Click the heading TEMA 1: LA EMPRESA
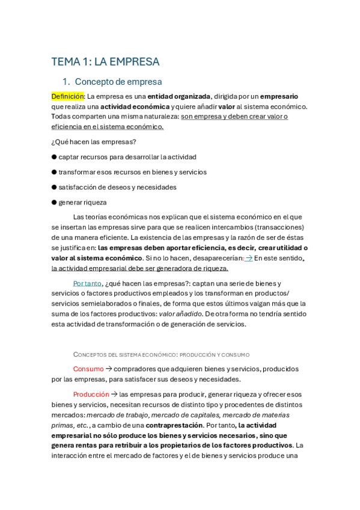tap(105, 62)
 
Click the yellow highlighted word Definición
tap(67, 96)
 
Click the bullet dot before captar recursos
tap(54, 157)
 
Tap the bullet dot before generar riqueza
tap(54, 203)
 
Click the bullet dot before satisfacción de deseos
tap(54, 188)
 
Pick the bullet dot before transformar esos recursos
tap(54, 172)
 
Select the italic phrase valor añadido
tap(180, 314)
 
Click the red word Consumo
tap(88, 369)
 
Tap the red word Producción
tap(91, 395)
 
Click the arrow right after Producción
tap(114, 395)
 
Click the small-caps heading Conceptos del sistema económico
tap(161, 355)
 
